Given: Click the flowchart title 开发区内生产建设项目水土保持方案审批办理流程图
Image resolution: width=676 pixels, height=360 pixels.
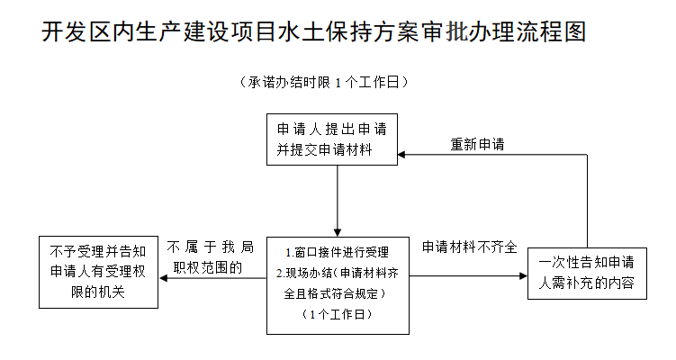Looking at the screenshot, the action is click(313, 31).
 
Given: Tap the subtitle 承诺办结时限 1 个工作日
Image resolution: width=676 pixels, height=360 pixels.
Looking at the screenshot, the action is click(324, 82).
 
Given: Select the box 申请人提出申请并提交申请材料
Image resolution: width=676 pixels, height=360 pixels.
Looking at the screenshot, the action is click(332, 139).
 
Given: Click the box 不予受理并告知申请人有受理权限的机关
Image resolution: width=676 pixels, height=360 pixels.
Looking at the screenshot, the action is click(98, 272).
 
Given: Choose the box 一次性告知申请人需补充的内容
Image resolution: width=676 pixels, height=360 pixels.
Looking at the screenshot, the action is click(587, 274).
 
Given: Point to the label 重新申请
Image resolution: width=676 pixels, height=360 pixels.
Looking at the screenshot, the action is click(477, 144).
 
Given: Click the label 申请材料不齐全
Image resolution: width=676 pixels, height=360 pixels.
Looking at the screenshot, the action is click(469, 247).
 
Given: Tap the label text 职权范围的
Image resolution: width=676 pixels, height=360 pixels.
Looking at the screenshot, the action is click(208, 267).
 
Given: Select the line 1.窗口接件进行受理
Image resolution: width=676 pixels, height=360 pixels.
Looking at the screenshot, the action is click(338, 252).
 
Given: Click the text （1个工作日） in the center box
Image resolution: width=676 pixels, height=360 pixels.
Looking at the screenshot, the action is click(338, 314).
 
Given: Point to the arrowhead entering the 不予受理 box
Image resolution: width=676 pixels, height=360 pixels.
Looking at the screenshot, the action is click(163, 278).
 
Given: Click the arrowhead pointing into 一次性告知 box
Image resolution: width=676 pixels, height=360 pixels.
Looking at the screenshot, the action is click(523, 276).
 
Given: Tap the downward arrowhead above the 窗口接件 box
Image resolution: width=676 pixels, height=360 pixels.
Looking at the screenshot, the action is click(338, 233).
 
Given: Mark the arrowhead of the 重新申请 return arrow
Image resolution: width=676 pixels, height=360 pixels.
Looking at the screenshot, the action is click(401, 154).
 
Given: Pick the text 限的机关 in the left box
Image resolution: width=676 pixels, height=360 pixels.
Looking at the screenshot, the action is click(98, 292).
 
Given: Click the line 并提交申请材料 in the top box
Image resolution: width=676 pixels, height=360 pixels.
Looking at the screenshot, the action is click(324, 149).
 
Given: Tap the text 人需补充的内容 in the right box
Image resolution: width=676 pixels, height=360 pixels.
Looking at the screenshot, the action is click(586, 283).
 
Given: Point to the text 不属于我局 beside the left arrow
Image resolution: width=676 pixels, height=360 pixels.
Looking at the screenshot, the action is click(211, 247).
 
